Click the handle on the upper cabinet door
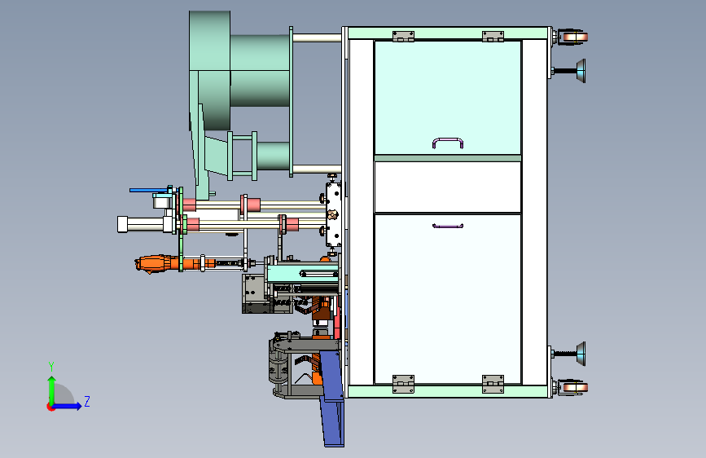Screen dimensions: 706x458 click(x=448, y=139)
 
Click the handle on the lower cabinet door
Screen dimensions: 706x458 click(x=448, y=227)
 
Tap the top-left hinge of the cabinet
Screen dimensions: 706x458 click(x=403, y=36)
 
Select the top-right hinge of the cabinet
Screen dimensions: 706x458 click(x=493, y=36)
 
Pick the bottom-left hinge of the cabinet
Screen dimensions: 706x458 click(x=403, y=384)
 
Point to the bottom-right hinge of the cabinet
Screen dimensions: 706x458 click(x=493, y=384)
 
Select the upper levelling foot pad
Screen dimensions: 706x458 click(x=581, y=71)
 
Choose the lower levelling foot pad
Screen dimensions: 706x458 click(x=581, y=354)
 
